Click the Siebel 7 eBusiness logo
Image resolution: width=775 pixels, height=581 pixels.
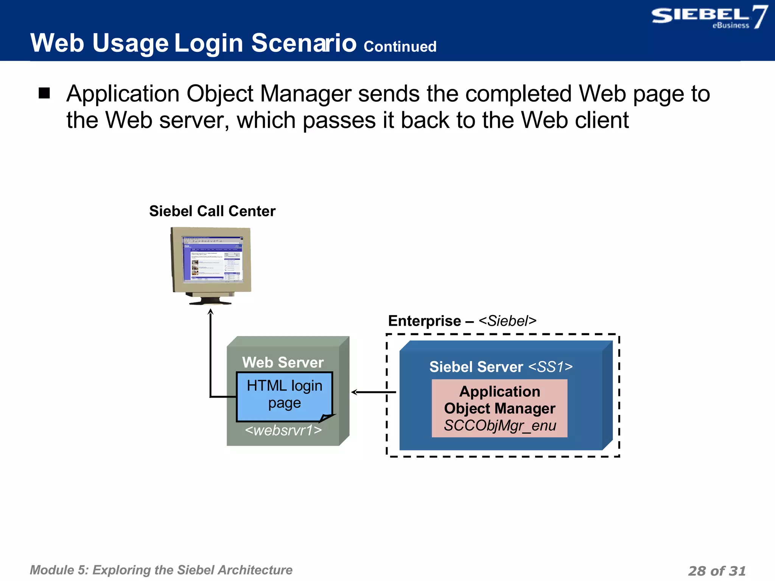(x=708, y=17)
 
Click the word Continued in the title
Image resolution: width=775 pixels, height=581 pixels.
(x=400, y=47)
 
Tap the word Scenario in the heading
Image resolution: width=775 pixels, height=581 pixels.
(x=303, y=43)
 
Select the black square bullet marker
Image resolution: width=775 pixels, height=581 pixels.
(x=44, y=93)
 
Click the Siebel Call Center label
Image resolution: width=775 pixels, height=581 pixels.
(x=212, y=211)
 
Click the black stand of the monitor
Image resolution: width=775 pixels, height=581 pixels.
(x=210, y=301)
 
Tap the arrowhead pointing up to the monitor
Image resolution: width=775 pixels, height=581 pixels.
(x=211, y=312)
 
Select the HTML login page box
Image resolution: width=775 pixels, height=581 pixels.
(x=284, y=396)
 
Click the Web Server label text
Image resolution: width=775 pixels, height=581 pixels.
(x=283, y=362)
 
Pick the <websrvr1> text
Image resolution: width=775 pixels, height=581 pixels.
(x=283, y=430)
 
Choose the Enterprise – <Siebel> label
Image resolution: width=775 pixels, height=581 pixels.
(x=462, y=321)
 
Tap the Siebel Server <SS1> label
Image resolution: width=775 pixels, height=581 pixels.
(x=501, y=367)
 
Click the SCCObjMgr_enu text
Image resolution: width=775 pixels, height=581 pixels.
(x=500, y=426)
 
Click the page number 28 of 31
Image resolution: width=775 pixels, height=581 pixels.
(x=716, y=570)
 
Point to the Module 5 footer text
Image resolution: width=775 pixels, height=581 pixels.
(x=161, y=570)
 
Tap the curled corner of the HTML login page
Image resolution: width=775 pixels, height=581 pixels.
(x=326, y=418)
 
